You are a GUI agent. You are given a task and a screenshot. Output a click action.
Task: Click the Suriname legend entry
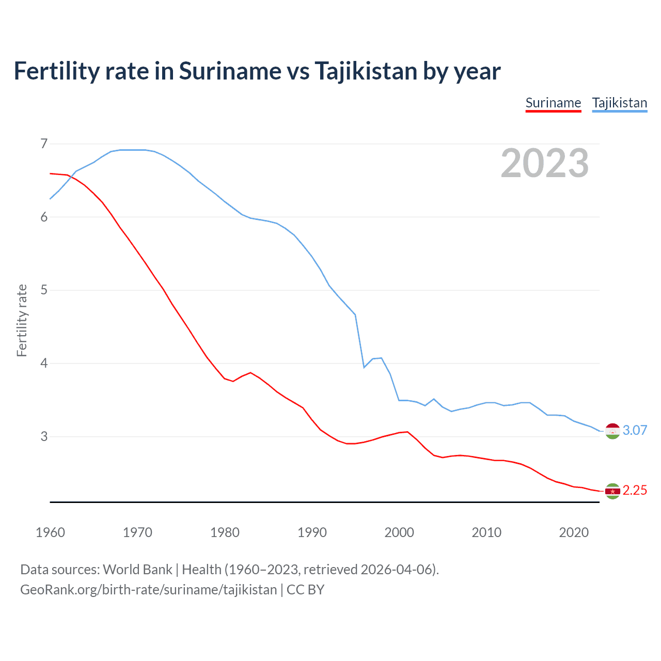pyautogui.click(x=553, y=103)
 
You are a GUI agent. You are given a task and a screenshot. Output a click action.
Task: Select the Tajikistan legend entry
pyautogui.click(x=619, y=103)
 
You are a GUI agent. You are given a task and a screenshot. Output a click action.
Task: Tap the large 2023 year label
pyautogui.click(x=544, y=163)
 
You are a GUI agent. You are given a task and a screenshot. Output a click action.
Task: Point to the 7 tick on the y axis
pyautogui.click(x=44, y=144)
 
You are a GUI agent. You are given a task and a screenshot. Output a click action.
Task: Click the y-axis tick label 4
pyautogui.click(x=44, y=363)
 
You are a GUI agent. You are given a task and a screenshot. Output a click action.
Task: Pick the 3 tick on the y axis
pyautogui.click(x=44, y=436)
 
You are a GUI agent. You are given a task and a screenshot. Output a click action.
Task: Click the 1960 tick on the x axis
pyautogui.click(x=50, y=532)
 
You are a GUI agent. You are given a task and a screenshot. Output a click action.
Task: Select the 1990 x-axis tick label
pyautogui.click(x=312, y=532)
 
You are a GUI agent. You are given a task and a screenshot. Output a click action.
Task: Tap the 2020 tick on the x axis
pyautogui.click(x=574, y=532)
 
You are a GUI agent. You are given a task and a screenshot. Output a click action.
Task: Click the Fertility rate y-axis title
pyautogui.click(x=22, y=320)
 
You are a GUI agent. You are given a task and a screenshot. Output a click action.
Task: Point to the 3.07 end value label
pyautogui.click(x=635, y=430)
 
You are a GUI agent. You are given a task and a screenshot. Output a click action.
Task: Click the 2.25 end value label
pyautogui.click(x=635, y=490)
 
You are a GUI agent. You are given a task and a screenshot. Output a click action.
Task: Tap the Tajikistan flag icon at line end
pyautogui.click(x=612, y=431)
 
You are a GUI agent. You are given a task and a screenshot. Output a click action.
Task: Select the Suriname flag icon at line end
pyautogui.click(x=612, y=491)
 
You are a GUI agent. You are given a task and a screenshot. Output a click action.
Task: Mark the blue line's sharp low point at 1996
pyautogui.click(x=364, y=367)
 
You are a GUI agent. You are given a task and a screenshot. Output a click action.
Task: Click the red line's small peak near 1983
pyautogui.click(x=250, y=372)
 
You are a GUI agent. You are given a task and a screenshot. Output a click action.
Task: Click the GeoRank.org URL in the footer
pyautogui.click(x=149, y=590)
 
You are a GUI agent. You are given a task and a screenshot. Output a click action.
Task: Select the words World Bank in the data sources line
pyautogui.click(x=137, y=570)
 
